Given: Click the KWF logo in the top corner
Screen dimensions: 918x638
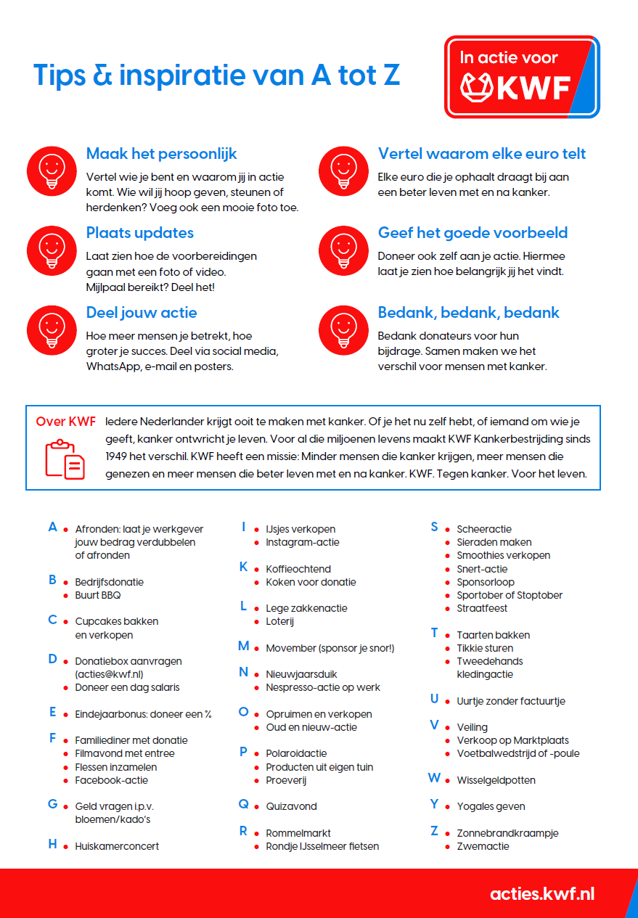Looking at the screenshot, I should point(522,77).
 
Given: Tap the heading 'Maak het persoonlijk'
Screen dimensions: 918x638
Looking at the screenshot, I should point(161,154).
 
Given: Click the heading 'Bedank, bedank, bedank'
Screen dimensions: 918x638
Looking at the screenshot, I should point(468,313).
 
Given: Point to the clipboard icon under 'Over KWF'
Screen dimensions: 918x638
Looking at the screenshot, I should point(65,459).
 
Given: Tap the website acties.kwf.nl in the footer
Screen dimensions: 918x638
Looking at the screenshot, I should point(541,893).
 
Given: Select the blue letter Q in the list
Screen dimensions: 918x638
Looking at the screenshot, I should point(244,804).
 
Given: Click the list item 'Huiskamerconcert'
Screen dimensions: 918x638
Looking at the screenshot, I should point(117,846).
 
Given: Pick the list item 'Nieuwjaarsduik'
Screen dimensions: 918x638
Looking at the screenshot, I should point(301,674).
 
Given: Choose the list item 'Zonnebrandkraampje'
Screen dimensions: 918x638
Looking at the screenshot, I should point(507,833).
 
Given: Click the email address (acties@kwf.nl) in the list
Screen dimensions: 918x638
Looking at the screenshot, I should point(109,674).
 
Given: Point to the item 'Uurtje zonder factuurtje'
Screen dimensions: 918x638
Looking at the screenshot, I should point(510,701).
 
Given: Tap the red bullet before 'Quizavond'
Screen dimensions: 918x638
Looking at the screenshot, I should point(257,807).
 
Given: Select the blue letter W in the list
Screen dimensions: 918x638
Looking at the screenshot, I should point(434,778).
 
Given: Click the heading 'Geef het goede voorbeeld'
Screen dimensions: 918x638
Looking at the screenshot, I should point(473,233).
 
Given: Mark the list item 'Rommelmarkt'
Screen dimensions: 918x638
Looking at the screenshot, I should point(298,833).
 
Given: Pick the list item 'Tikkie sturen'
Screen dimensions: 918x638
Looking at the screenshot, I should point(485,648).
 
